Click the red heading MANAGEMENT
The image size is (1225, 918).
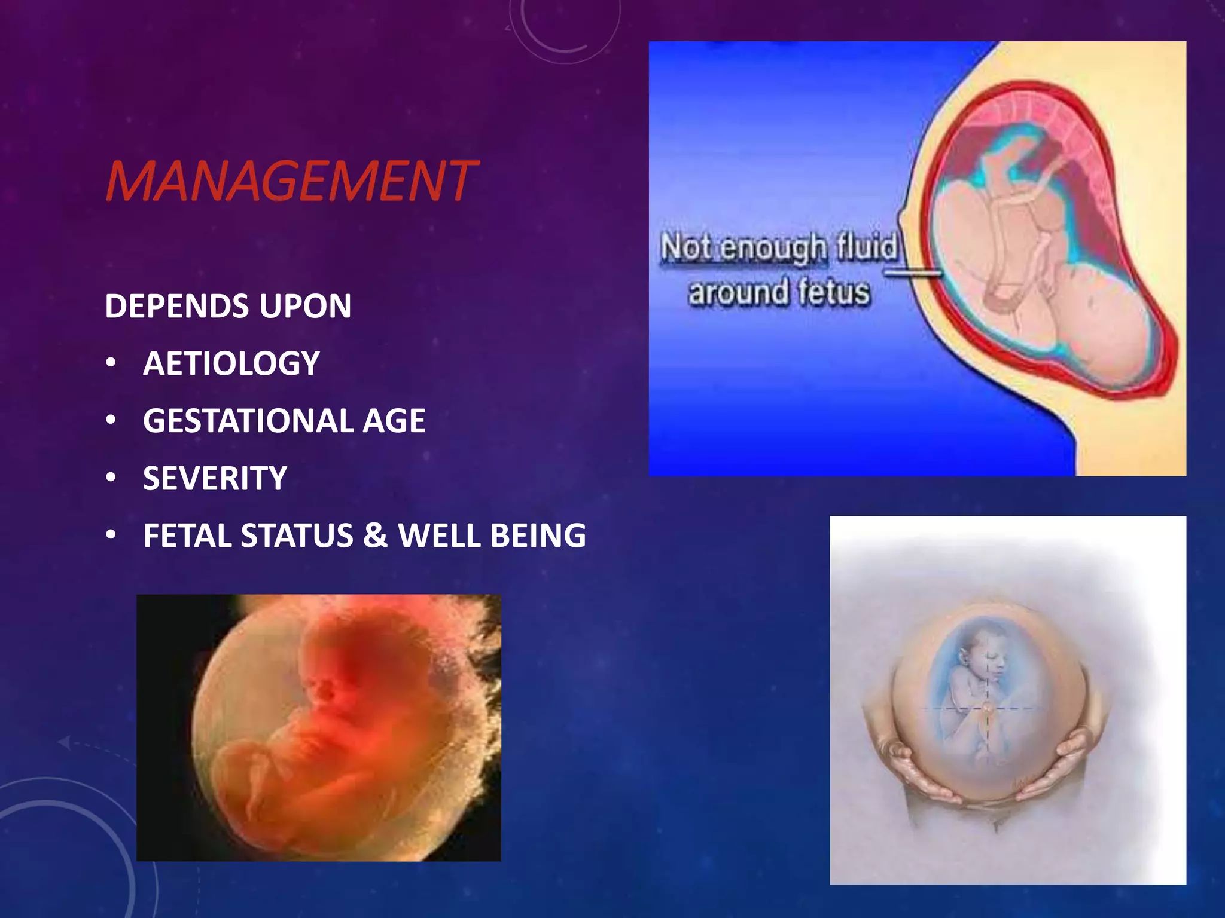click(x=291, y=180)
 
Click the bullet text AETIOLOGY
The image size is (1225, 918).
click(x=231, y=363)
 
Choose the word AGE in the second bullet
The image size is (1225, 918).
click(x=394, y=421)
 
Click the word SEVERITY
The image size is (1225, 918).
click(x=215, y=478)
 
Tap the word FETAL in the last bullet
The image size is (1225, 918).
click(x=187, y=535)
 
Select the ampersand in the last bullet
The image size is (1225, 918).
click(x=375, y=535)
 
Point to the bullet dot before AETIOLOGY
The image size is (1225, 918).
click(x=111, y=363)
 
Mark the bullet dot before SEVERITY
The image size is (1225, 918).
click(x=111, y=478)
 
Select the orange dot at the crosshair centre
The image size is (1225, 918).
click(x=988, y=709)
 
